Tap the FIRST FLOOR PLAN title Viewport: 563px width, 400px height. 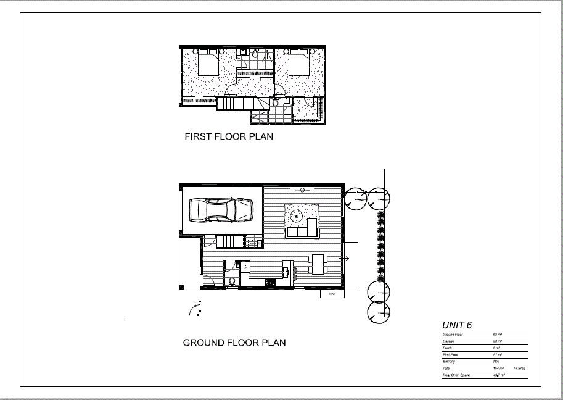pos(229,137)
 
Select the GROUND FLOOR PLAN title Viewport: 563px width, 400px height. pos(234,343)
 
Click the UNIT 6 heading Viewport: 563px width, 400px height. pos(458,325)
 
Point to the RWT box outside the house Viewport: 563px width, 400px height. pos(332,294)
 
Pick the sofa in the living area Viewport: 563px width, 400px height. pos(302,231)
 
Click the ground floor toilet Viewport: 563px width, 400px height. pos(232,282)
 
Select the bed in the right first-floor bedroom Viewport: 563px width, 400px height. pos(299,64)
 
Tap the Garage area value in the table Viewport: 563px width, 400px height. pos(498,341)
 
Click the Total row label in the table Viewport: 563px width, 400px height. pos(447,368)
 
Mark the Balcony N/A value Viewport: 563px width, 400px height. pos(496,361)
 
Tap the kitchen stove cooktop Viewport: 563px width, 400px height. pos(269,283)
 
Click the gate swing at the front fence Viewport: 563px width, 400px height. pos(195,309)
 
